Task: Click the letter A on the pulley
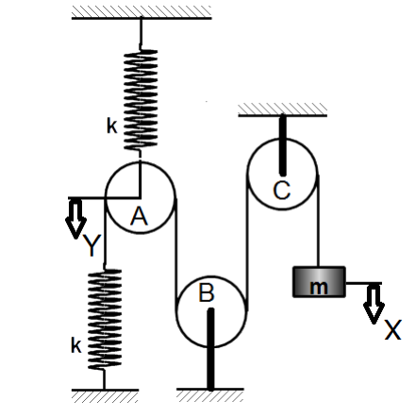[x=139, y=217]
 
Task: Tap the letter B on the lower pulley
[x=207, y=293]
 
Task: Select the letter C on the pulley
[x=282, y=191]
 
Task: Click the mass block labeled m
[x=319, y=282]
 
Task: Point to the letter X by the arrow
[x=393, y=329]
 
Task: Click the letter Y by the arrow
[x=92, y=245]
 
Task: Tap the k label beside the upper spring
[x=112, y=126]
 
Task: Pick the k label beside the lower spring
[x=76, y=345]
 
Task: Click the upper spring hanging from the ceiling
[x=141, y=100]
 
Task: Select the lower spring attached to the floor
[x=105, y=319]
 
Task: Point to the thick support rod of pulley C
[x=283, y=145]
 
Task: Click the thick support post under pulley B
[x=210, y=349]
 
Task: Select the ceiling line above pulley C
[x=283, y=115]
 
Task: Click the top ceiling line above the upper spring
[x=141, y=18]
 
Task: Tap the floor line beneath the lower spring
[x=105, y=390]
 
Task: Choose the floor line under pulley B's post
[x=210, y=390]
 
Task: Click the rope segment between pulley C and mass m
[x=319, y=221]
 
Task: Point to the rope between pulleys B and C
[x=247, y=242]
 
